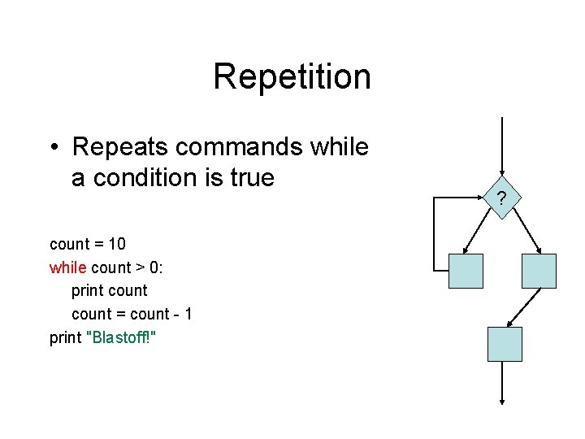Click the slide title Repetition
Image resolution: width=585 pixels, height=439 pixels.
click(x=292, y=77)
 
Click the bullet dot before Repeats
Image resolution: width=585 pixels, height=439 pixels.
click(x=54, y=148)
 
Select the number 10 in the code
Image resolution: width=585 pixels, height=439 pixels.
click(x=116, y=244)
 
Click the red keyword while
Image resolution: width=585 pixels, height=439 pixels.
click(x=68, y=267)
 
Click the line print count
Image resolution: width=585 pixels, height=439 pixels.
click(x=109, y=290)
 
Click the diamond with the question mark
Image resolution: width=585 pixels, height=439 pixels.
click(x=503, y=198)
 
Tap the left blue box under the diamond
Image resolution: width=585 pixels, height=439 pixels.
click(x=466, y=271)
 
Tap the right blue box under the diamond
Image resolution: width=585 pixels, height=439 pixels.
click(x=539, y=271)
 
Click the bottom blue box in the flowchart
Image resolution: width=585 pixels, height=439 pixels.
click(x=504, y=344)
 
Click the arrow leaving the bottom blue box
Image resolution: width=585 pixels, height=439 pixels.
click(x=504, y=382)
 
